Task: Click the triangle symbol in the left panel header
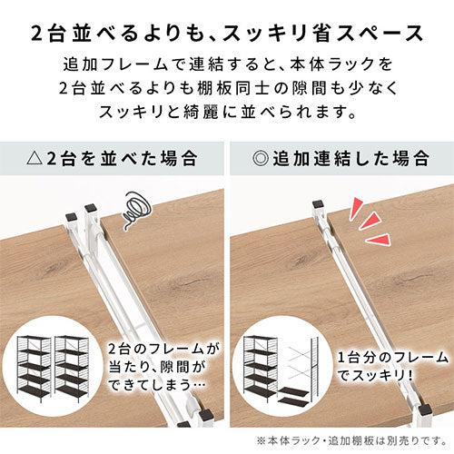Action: click(x=35, y=159)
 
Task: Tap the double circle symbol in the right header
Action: click(x=261, y=158)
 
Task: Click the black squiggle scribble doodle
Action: click(x=136, y=209)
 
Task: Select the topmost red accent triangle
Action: click(x=355, y=208)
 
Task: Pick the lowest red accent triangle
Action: click(x=379, y=240)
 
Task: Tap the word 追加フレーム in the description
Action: click(x=115, y=64)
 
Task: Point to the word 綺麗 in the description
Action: click(x=200, y=113)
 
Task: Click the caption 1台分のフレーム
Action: click(x=392, y=358)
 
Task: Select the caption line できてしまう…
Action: click(x=157, y=385)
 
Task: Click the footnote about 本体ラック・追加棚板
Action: click(x=352, y=440)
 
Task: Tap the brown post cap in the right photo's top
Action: click(x=319, y=204)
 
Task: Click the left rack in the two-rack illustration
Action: click(x=34, y=369)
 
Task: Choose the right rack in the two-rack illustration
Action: click(x=72, y=369)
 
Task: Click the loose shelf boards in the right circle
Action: click(x=293, y=396)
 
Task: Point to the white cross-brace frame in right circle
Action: click(x=300, y=360)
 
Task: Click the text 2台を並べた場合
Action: click(x=122, y=159)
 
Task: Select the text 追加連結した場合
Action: click(x=351, y=158)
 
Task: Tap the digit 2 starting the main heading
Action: click(x=37, y=34)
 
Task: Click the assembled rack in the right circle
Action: click(x=261, y=369)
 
